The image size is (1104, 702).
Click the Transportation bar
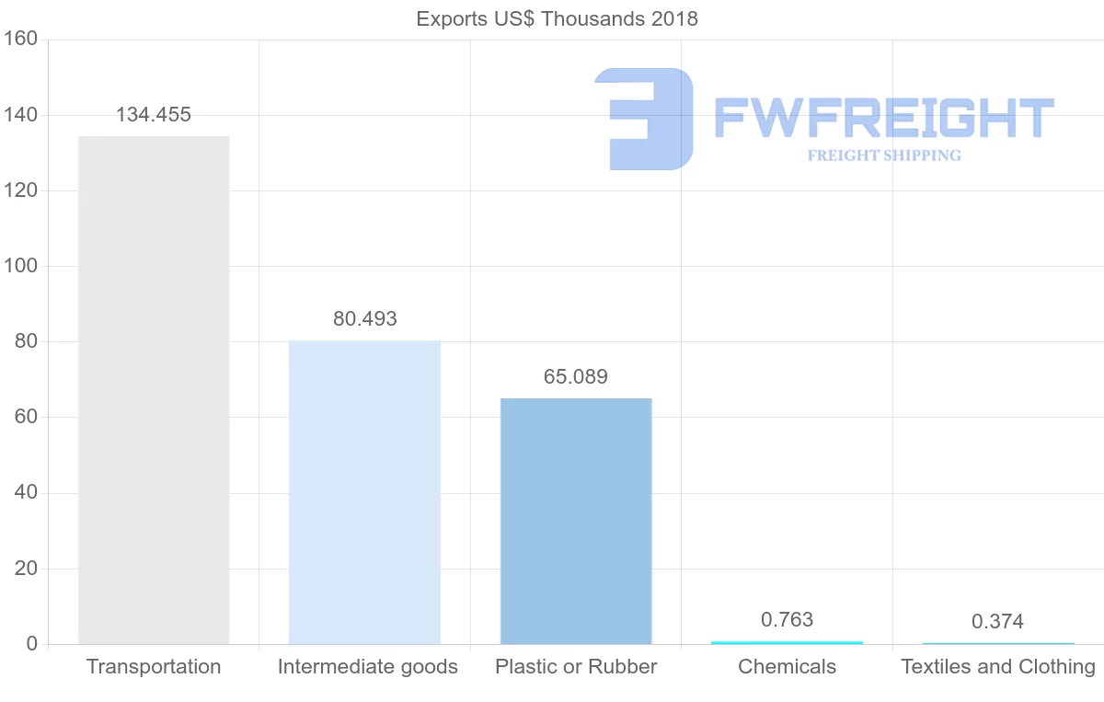pos(154,390)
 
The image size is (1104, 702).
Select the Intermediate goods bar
pos(364,492)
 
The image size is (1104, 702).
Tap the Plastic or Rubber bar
pos(576,521)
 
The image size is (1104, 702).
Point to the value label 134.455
pos(154,115)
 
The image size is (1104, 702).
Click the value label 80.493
pos(365,319)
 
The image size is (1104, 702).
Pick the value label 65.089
pos(576,377)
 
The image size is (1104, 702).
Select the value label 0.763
pos(787,620)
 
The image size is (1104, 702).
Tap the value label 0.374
pos(997,622)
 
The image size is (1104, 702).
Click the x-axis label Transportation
pos(154,667)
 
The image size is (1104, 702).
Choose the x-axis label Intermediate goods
pos(367,667)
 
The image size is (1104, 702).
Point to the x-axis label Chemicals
pos(787,667)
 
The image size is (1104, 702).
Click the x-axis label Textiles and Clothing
pos(998,667)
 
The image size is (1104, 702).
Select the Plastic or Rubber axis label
pos(576,667)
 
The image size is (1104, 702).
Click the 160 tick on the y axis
pos(20,40)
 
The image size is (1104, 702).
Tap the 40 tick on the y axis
pos(26,493)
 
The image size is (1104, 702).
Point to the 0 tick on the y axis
pos(31,644)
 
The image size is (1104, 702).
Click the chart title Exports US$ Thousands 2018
pos(558,18)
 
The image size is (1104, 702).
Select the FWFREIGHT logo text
pos(883,118)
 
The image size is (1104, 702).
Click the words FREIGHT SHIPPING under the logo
pos(884,155)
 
